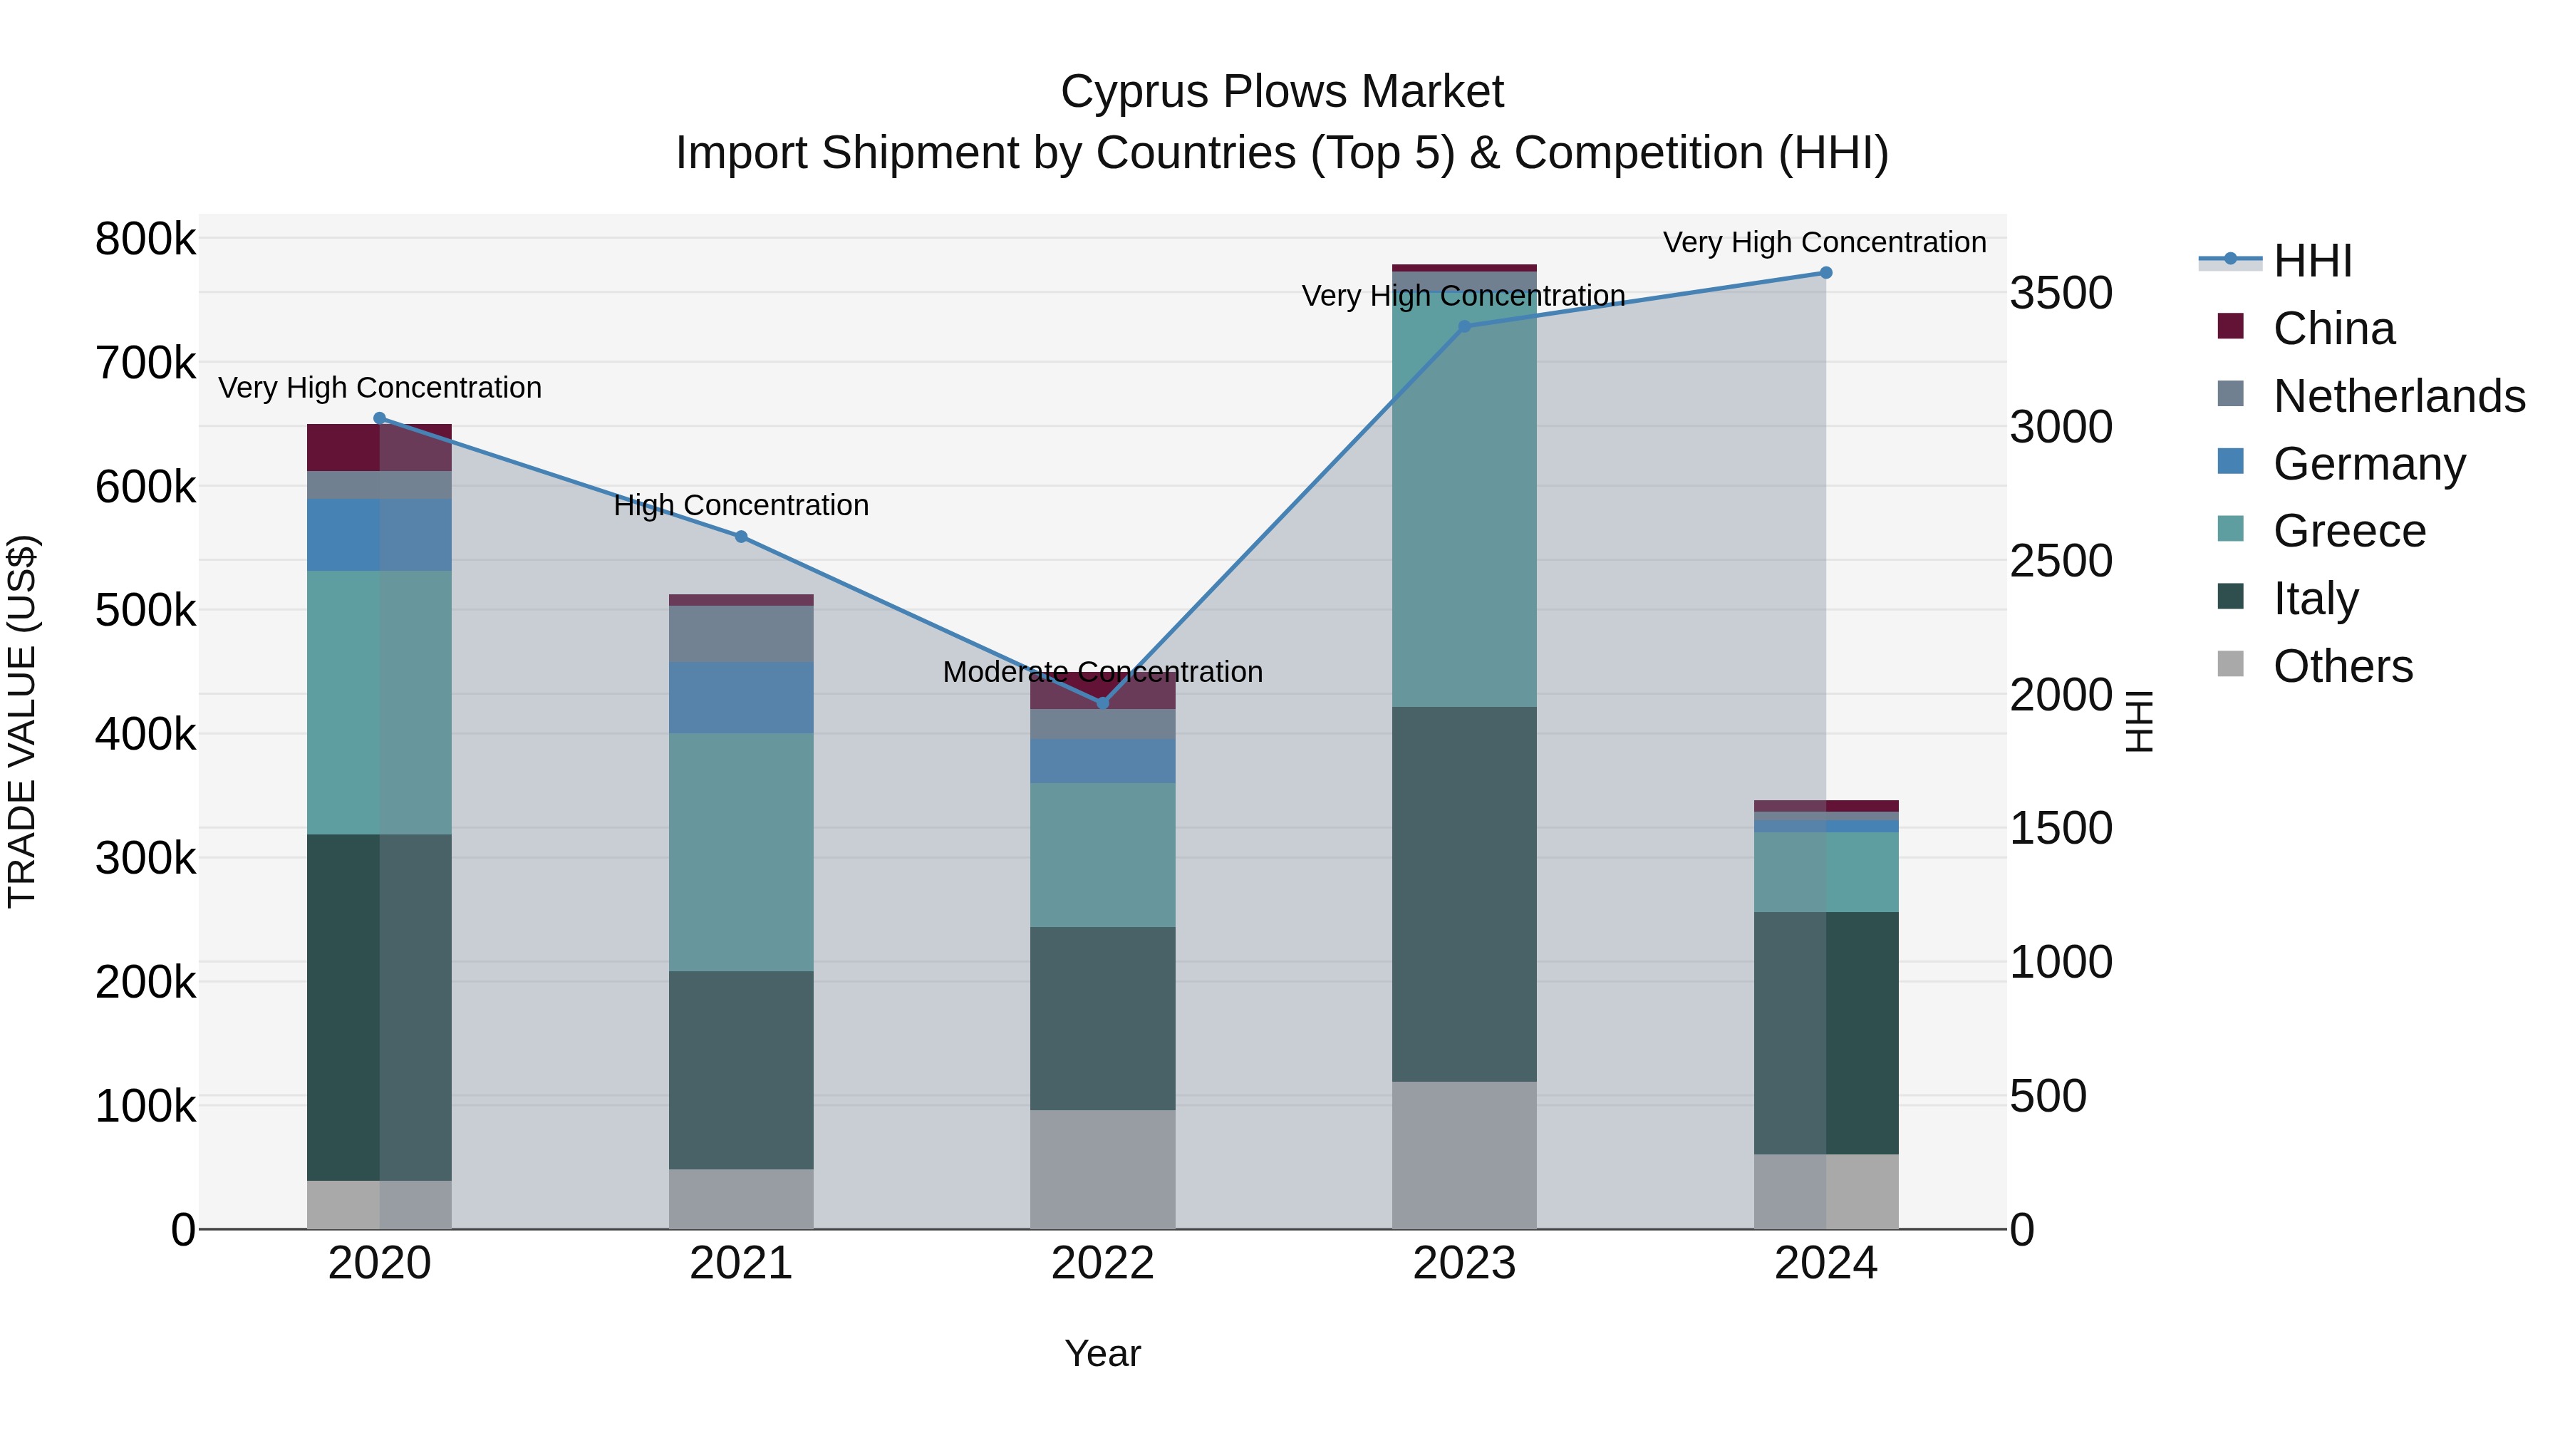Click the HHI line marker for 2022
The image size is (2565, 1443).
pos(1102,703)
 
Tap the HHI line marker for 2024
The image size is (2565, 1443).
pos(1825,273)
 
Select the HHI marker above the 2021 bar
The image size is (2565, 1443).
pos(741,537)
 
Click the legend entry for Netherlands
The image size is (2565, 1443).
pos(2399,396)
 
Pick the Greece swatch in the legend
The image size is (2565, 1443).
pos(2230,529)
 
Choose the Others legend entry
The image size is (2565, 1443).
pos(2342,666)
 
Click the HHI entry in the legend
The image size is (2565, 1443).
pos(2312,261)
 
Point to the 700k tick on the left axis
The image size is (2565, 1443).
pos(145,363)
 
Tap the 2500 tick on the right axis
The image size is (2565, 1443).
pos(2060,562)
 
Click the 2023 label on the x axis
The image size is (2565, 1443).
pos(1463,1263)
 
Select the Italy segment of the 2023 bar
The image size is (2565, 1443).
pos(1463,894)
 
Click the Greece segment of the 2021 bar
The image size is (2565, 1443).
pos(741,852)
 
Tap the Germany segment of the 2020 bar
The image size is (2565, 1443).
pos(379,534)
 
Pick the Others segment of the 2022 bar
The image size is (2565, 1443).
pos(1102,1169)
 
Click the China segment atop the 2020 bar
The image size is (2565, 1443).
pos(379,447)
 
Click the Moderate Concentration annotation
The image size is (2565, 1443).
pos(1102,672)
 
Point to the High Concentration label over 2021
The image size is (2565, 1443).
pos(741,506)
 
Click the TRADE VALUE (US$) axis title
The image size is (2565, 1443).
pos(22,721)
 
